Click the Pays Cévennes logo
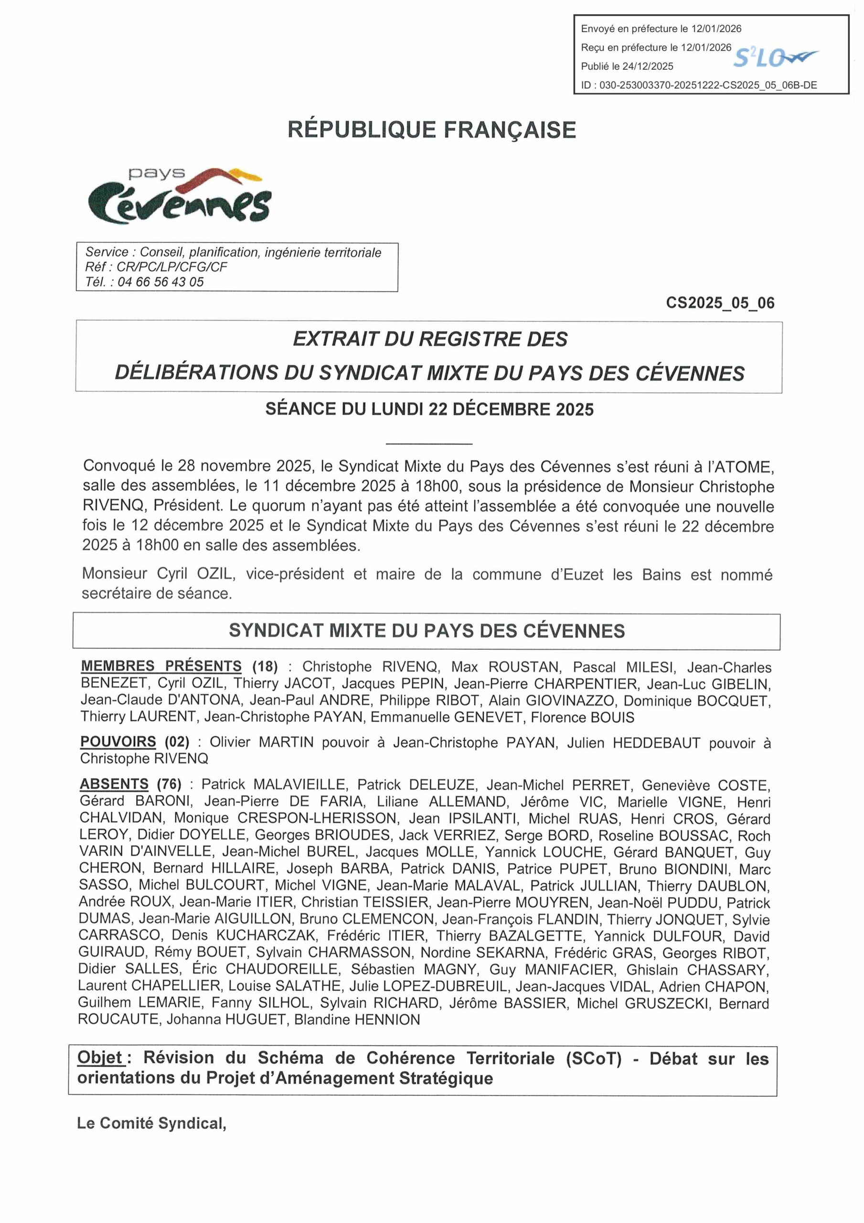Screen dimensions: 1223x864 click(180, 195)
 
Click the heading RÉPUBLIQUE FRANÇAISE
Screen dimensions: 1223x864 click(431, 130)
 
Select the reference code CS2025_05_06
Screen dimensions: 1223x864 click(720, 303)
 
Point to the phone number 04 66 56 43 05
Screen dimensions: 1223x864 click(160, 282)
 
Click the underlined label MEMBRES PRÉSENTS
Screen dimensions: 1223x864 click(161, 666)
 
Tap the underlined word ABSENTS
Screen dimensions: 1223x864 click(114, 784)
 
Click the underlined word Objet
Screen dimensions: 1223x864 click(100, 1057)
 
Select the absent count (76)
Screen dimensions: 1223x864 click(169, 784)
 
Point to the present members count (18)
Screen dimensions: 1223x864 click(265, 666)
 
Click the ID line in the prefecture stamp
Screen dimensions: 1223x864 click(698, 85)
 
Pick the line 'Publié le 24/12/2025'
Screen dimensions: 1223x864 click(627, 66)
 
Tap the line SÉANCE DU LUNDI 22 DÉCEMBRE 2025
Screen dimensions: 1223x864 click(429, 409)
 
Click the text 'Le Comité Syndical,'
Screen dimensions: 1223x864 click(152, 1124)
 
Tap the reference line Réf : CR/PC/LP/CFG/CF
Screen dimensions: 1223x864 click(156, 267)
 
